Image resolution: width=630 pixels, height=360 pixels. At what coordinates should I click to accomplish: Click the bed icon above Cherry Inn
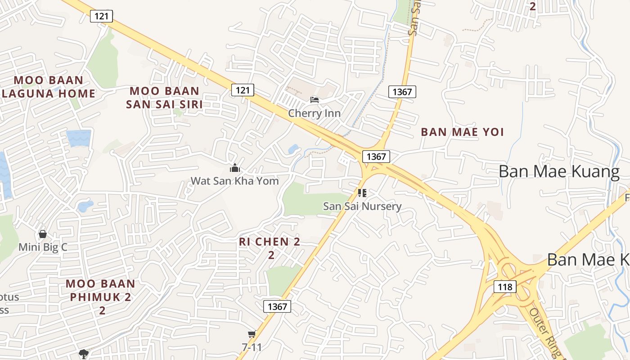click(x=315, y=99)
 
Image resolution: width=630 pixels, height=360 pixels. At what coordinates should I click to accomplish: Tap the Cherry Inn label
click(x=314, y=113)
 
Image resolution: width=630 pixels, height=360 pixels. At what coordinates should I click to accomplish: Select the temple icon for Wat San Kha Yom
click(x=235, y=168)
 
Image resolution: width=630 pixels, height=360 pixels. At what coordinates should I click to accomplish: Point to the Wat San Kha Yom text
click(x=235, y=181)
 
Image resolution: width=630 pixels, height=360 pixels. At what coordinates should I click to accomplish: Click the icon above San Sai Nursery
click(x=362, y=193)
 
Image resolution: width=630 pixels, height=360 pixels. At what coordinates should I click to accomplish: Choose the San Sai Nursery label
click(x=362, y=207)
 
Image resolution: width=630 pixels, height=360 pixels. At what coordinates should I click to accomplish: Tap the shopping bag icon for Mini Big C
click(x=43, y=234)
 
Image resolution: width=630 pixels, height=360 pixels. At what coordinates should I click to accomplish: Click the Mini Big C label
click(x=43, y=247)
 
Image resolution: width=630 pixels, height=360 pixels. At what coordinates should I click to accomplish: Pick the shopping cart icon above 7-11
click(x=252, y=334)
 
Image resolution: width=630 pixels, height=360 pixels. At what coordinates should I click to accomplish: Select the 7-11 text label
click(x=252, y=347)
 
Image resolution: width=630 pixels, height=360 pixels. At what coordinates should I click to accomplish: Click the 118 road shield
click(x=504, y=286)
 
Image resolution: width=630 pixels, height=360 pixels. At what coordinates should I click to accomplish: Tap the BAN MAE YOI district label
click(x=462, y=132)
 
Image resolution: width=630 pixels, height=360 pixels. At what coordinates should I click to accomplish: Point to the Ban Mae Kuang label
click(x=559, y=171)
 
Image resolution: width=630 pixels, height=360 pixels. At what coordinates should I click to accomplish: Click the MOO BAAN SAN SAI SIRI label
click(x=164, y=98)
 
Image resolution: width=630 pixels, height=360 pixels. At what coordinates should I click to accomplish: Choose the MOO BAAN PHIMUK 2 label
click(x=100, y=290)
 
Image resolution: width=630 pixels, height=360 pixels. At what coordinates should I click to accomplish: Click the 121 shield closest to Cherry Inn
click(x=243, y=90)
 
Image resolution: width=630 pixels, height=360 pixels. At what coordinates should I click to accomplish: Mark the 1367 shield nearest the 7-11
click(x=277, y=306)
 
